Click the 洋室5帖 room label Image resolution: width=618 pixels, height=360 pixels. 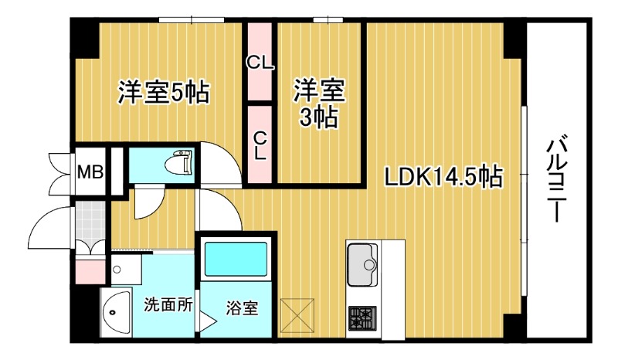(163, 93)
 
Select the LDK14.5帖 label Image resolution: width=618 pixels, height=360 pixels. (444, 177)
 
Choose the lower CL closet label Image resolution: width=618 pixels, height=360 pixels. (260, 144)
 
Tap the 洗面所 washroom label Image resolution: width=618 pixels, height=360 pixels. (168, 304)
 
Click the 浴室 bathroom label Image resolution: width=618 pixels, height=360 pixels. (242, 307)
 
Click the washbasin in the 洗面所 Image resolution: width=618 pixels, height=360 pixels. (115, 314)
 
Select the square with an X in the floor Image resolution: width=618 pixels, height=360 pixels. (299, 314)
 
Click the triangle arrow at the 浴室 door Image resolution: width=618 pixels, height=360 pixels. (207, 319)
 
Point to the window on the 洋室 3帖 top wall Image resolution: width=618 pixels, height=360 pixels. (328, 19)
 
